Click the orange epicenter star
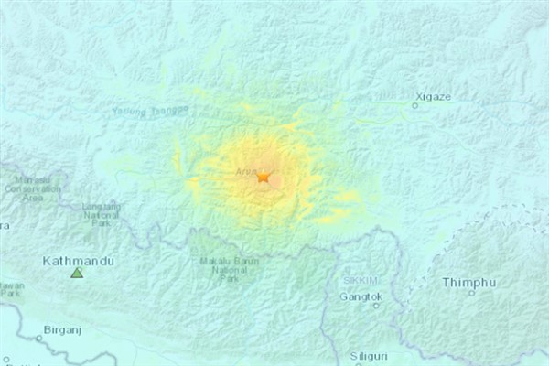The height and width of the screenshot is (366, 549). point(264,176)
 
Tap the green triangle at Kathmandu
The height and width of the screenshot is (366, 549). point(77,273)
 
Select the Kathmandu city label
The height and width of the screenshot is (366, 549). point(79,261)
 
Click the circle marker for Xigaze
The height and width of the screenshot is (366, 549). point(414,105)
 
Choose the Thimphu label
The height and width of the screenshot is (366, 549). point(469,282)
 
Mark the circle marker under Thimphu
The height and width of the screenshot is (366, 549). point(471,293)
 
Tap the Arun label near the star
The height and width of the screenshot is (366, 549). point(242,169)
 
